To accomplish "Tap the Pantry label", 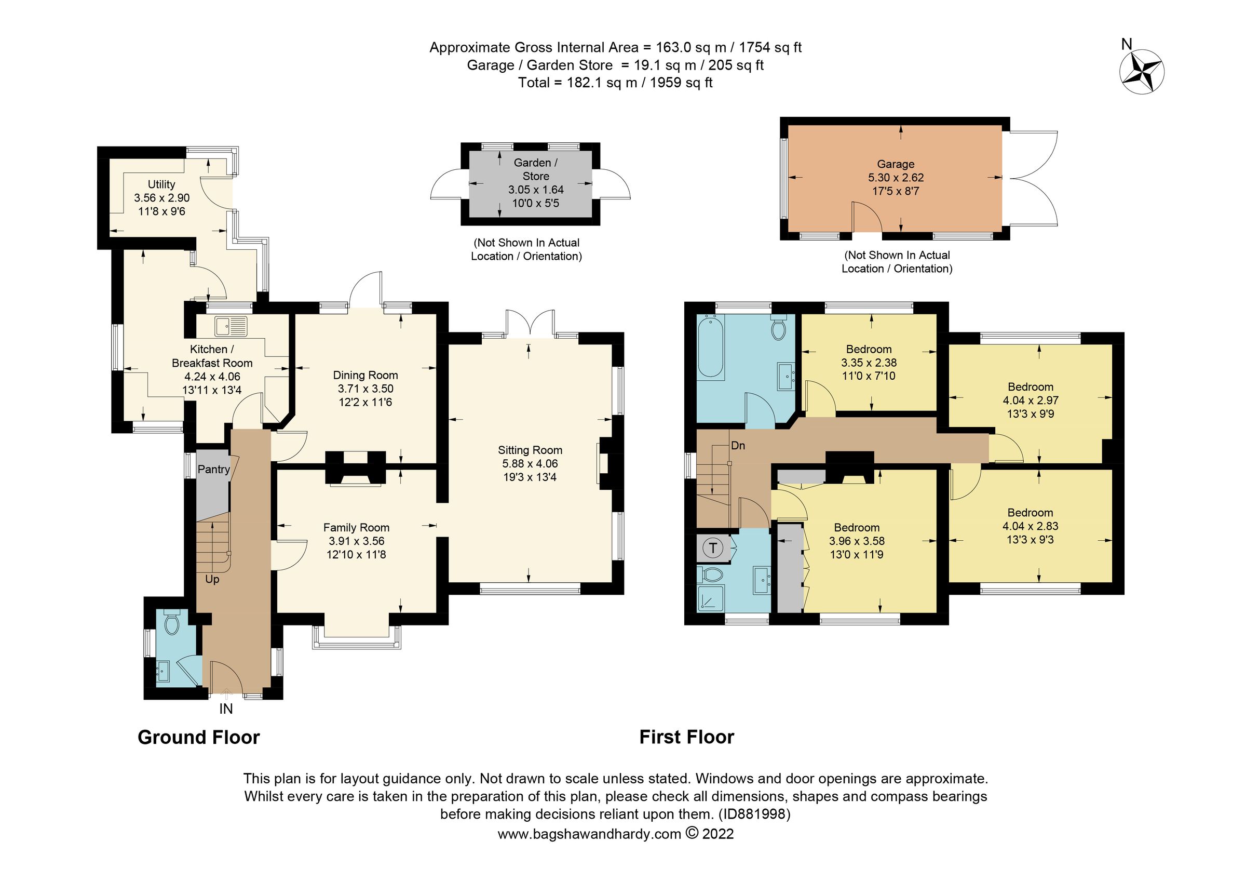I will (x=213, y=470).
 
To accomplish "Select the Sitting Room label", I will (x=530, y=450).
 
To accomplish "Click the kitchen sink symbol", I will (x=231, y=326).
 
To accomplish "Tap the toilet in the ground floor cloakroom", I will (x=171, y=624).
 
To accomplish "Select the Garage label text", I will (x=896, y=164).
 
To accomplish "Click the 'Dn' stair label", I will (x=738, y=446).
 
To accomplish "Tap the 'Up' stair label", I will (x=212, y=579).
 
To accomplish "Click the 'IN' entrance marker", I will (x=226, y=709).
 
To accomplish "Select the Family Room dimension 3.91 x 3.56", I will (x=356, y=541).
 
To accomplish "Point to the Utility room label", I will (x=161, y=184).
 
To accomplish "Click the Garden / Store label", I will (x=535, y=169).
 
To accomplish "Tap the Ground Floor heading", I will (x=199, y=737).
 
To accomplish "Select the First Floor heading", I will (x=686, y=737).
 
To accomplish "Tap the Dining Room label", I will (x=365, y=375).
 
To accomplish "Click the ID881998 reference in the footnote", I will (x=754, y=814).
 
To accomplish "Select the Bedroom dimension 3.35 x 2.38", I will (x=869, y=363).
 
